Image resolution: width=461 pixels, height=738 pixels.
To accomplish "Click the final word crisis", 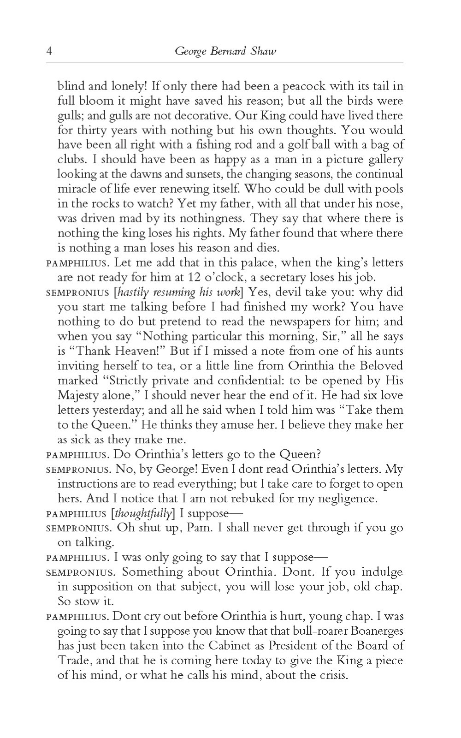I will point(332,675).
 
